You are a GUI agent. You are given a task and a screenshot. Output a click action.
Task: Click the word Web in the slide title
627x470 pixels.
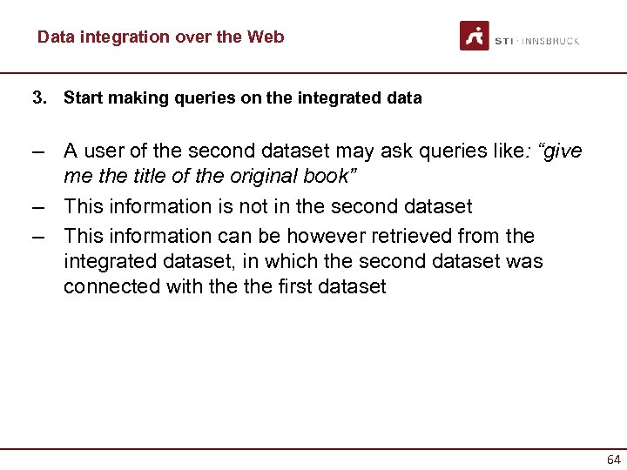(x=266, y=37)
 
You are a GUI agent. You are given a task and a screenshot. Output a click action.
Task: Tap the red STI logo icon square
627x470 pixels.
(x=475, y=36)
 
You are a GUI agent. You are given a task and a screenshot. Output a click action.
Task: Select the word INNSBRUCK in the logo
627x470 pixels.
(x=550, y=41)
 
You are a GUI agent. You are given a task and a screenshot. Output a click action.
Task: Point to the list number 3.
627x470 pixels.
(x=38, y=97)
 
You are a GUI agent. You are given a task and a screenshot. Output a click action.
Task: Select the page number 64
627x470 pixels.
(x=613, y=459)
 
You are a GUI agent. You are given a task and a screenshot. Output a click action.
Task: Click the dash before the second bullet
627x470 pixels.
(x=38, y=206)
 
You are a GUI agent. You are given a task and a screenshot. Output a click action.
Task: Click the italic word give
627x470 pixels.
(x=562, y=151)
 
